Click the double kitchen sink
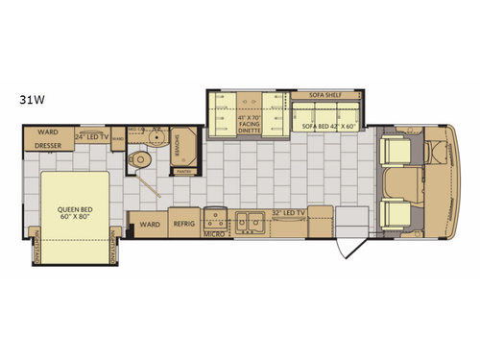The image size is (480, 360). [252, 221]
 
